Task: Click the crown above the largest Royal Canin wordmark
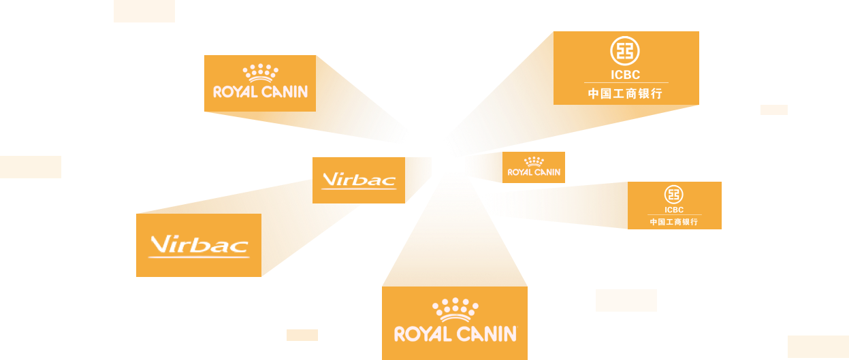pyautogui.click(x=455, y=310)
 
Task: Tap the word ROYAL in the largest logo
pyautogui.click(x=423, y=334)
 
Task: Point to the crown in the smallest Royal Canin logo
pyautogui.click(x=534, y=161)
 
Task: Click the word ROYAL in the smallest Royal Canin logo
pyautogui.click(x=520, y=172)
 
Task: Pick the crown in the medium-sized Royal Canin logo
pyautogui.click(x=261, y=72)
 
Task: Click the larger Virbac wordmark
pyautogui.click(x=199, y=245)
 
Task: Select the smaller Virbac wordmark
pyautogui.click(x=359, y=180)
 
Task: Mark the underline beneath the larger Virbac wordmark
pyautogui.click(x=199, y=257)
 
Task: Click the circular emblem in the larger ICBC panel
pyautogui.click(x=624, y=52)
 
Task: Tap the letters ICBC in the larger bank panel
pyautogui.click(x=624, y=75)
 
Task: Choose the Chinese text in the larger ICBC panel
pyautogui.click(x=624, y=94)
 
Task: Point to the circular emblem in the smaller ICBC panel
pyautogui.click(x=674, y=195)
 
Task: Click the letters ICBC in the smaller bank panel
pyautogui.click(x=674, y=210)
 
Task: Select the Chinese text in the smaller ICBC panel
pyautogui.click(x=674, y=222)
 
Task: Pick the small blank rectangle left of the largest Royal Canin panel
pyautogui.click(x=302, y=335)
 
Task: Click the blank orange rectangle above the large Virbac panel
pyautogui.click(x=31, y=167)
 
